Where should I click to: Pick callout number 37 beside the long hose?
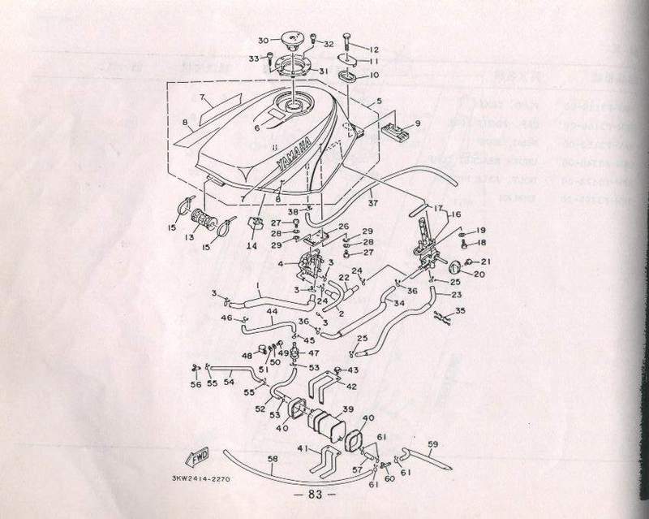pos(373,202)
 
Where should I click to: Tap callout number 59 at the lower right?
pos(432,443)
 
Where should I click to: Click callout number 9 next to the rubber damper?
pos(418,123)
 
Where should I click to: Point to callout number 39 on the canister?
pos(347,409)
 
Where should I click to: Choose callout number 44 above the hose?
pos(272,311)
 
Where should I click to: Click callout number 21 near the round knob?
pos(487,261)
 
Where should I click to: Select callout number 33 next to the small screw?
pos(252,58)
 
